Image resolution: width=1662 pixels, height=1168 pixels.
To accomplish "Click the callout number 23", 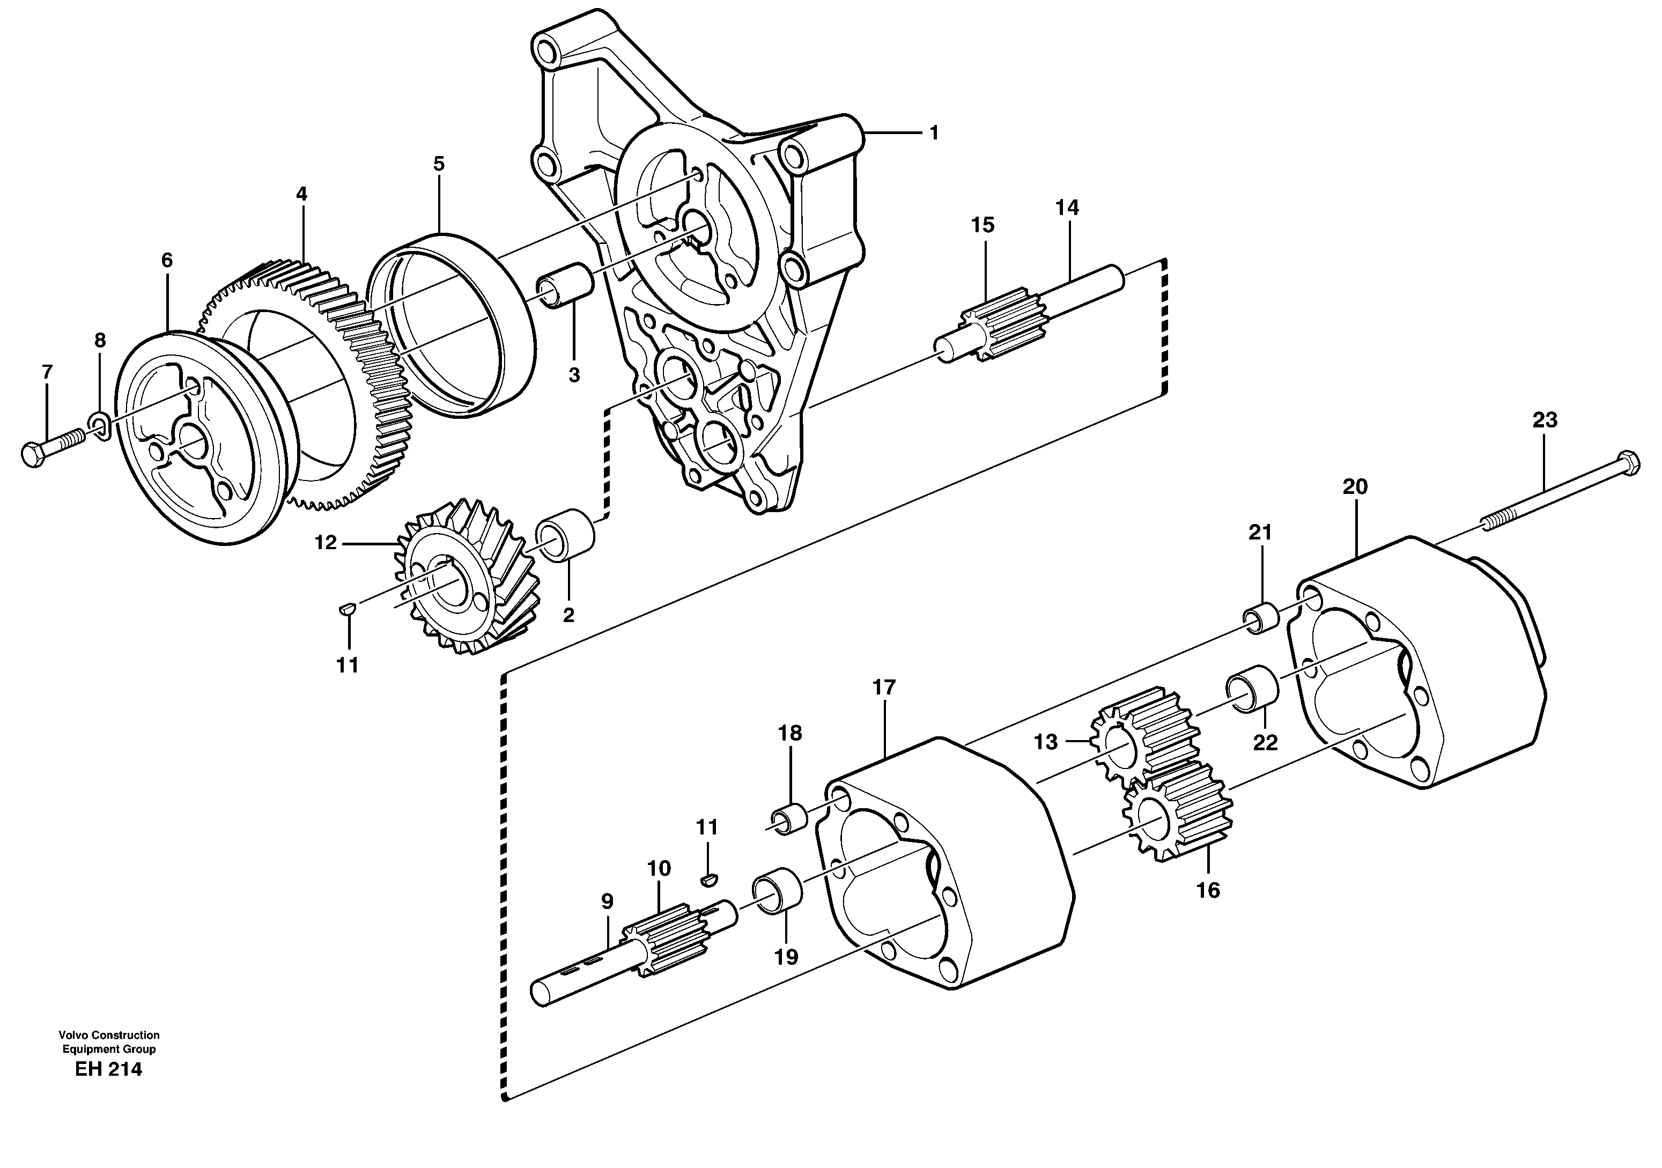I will click(1544, 420).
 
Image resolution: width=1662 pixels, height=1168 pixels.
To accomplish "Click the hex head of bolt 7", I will click(33, 454).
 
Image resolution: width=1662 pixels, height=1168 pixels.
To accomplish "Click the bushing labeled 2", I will click(565, 536).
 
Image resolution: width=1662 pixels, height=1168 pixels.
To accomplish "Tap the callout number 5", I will click(439, 164).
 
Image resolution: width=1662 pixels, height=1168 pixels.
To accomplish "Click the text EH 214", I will click(108, 1069).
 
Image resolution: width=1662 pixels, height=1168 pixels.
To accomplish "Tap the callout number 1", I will click(933, 133).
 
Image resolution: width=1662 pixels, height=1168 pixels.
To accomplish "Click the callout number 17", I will click(884, 688).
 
